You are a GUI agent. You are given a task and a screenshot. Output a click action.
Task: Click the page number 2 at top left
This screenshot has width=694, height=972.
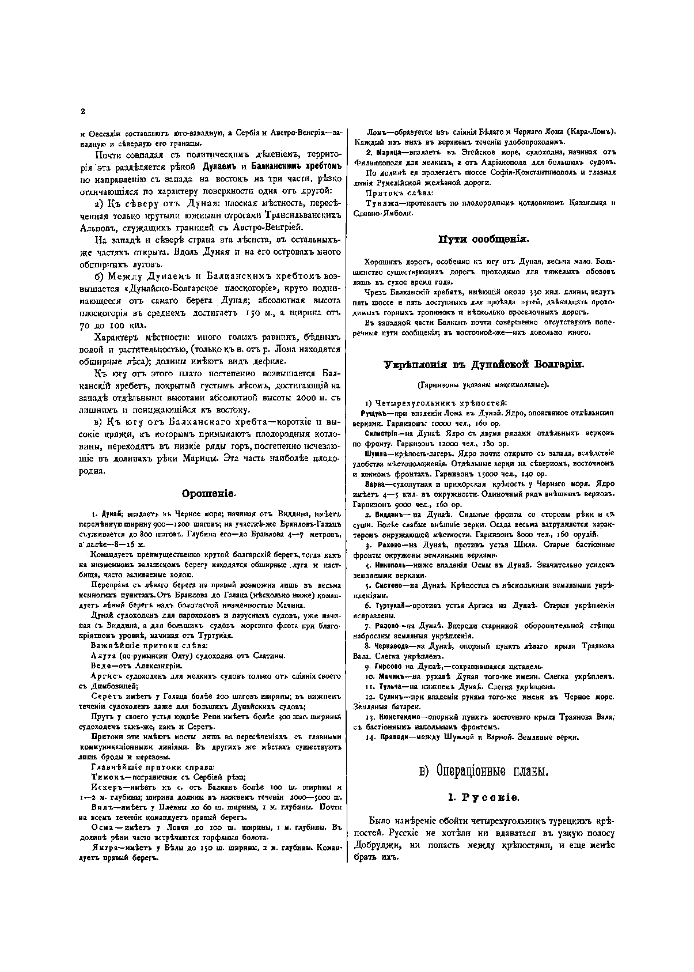point(83,112)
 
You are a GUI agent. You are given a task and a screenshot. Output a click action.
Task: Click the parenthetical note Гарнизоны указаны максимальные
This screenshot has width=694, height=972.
point(483,384)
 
